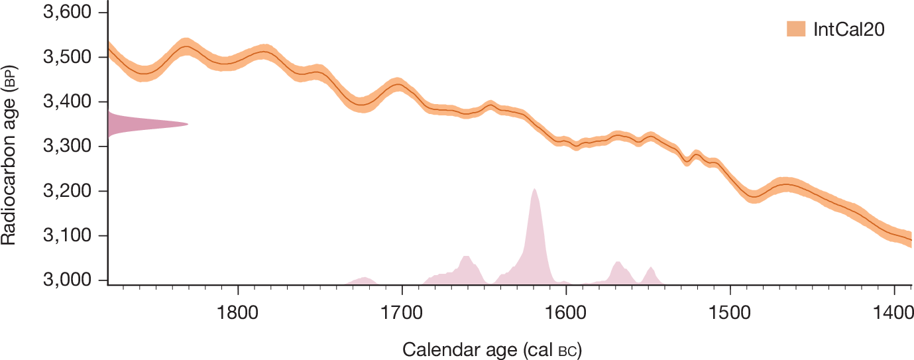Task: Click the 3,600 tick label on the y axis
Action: [68, 12]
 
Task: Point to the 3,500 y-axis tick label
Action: [68, 57]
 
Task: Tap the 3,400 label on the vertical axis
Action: [68, 101]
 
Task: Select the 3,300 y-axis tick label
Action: [68, 146]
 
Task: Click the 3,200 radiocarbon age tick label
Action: [68, 191]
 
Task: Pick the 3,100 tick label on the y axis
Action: [68, 235]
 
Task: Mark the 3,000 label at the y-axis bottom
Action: [68, 280]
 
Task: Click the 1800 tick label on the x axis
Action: [237, 313]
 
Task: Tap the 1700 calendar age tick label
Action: [402, 313]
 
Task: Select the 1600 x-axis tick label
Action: [566, 313]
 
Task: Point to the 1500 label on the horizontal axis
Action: [730, 313]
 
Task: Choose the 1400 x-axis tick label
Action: [893, 313]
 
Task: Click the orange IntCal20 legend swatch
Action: [796, 29]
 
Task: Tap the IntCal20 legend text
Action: [849, 30]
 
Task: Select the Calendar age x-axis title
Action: [492, 350]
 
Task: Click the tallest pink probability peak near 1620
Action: [534, 189]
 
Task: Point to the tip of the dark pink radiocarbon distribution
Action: [188, 124]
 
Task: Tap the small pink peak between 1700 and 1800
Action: [364, 278]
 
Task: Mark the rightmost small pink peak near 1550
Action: [652, 267]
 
